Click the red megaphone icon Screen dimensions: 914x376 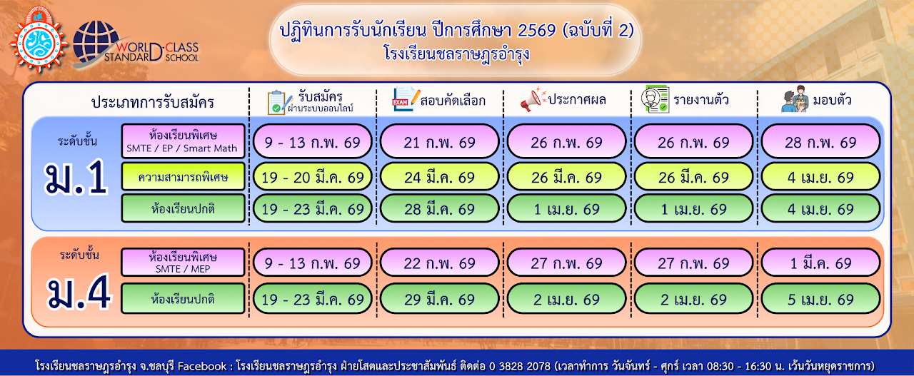533,99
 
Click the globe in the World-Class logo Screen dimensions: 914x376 95,42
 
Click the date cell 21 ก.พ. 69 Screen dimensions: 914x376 439,141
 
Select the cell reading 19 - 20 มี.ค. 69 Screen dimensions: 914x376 313,177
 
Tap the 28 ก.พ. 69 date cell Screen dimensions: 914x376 820,141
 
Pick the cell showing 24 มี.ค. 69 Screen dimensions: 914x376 439,177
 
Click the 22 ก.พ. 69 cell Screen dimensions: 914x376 439,263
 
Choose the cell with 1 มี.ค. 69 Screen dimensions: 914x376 820,263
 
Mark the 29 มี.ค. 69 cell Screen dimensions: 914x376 439,299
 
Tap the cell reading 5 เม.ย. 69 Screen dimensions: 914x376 820,299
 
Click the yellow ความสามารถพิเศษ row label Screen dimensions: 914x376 183,177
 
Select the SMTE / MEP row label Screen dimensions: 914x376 183,263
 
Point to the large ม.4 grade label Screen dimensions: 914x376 79,293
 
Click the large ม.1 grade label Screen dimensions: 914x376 76,178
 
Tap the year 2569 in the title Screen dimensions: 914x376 536,30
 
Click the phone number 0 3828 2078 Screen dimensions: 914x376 519,365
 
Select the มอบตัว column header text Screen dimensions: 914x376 832,99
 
